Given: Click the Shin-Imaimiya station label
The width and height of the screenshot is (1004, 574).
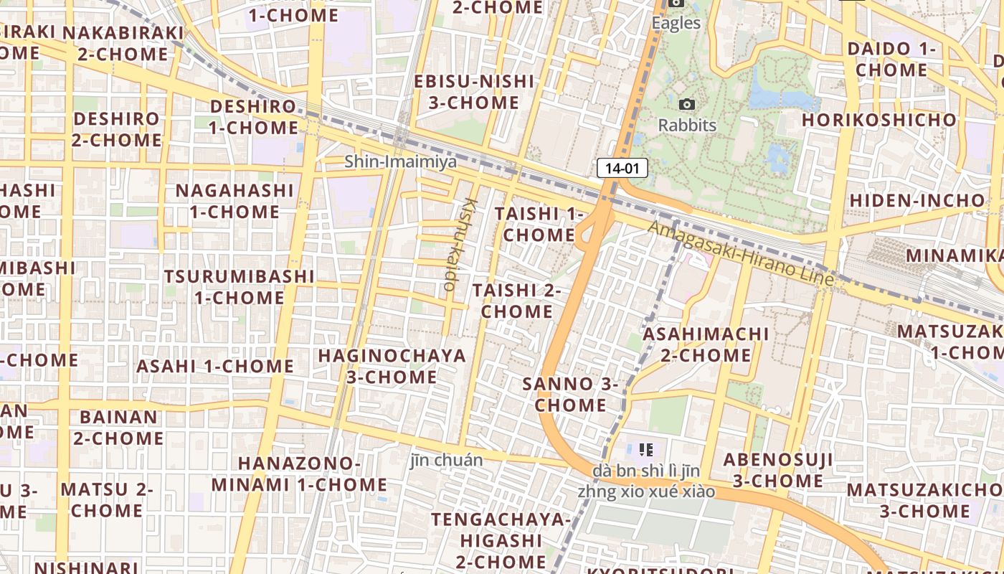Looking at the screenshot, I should pos(400,161).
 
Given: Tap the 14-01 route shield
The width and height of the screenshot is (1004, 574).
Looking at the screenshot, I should pos(622,169).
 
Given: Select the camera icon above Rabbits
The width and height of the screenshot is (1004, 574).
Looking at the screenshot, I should pos(687,105).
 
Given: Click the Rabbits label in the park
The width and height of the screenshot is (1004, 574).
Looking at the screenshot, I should pos(687,125).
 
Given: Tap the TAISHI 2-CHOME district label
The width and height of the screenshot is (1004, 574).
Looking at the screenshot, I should pos(517,301).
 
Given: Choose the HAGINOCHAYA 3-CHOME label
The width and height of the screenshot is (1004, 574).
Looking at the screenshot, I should pos(392,366).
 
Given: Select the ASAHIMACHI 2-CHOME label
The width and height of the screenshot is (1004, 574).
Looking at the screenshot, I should pos(706,344).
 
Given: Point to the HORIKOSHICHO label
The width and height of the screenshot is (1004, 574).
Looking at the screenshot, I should pos(879,120).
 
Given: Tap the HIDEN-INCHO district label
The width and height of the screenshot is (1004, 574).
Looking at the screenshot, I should pos(917,200).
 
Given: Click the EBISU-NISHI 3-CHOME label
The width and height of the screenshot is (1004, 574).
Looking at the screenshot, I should pos(474,92).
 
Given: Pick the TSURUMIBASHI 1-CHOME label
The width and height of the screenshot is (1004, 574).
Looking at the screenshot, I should pos(239,286).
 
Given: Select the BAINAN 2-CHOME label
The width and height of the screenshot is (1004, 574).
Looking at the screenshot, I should pos(118,427).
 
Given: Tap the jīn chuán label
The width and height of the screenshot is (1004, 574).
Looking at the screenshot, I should pos(446,460).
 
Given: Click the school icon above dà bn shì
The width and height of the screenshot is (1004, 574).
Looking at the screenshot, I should pos(645,450).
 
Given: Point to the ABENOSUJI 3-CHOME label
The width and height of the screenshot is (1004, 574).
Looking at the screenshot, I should pos(777,470).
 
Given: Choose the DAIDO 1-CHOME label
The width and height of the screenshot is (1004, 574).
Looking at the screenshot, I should pos(891,60).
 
